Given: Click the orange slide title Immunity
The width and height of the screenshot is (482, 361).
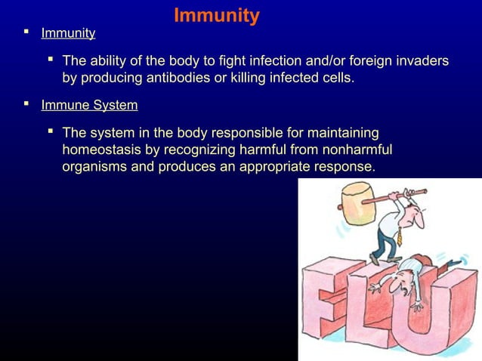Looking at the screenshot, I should click(217, 15).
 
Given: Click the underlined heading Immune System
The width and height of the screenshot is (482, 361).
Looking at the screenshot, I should click(89, 105).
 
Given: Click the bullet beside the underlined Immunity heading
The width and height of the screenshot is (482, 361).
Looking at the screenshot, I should click(27, 32).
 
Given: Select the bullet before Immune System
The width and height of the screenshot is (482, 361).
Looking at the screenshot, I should click(27, 104).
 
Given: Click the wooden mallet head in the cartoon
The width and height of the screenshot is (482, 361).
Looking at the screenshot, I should click(354, 201).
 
